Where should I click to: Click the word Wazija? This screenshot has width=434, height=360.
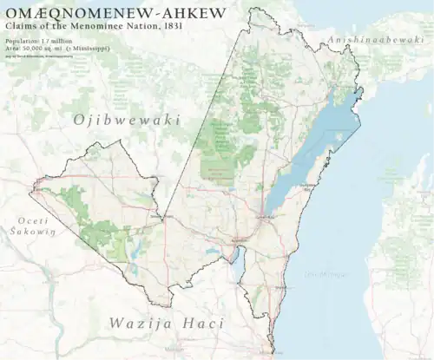141,323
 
